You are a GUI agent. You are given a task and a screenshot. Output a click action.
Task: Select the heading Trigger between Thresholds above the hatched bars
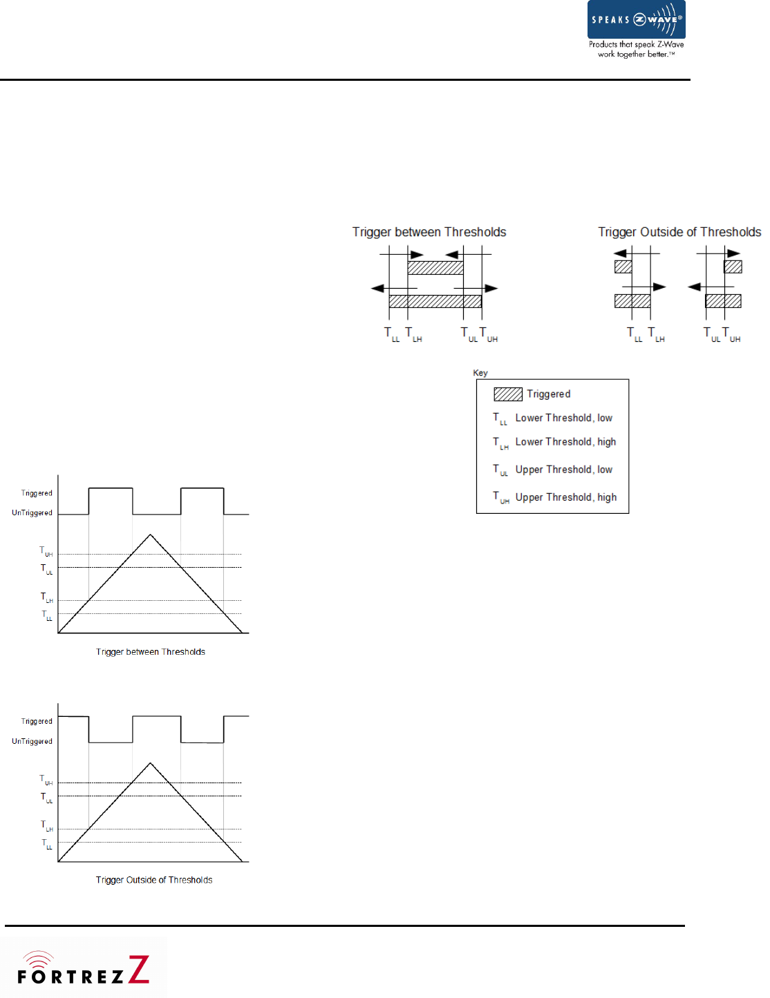click(429, 232)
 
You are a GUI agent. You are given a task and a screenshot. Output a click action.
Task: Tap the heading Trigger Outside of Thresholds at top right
click(679, 232)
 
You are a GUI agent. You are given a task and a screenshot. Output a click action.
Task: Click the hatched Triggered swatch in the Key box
click(507, 394)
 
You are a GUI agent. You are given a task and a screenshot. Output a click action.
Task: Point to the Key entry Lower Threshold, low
click(563, 418)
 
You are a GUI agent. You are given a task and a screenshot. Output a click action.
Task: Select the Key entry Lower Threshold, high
click(565, 442)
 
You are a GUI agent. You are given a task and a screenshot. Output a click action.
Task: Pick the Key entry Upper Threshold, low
click(563, 470)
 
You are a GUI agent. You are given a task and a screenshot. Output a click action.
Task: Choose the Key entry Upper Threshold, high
click(565, 497)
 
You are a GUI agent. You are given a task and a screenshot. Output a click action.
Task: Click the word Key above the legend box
click(480, 373)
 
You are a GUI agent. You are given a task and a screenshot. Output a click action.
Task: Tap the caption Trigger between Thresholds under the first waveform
click(151, 652)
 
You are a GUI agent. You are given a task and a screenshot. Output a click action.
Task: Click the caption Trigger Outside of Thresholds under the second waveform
click(154, 880)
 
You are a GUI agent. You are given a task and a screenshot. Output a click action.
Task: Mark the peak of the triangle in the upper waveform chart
click(150, 535)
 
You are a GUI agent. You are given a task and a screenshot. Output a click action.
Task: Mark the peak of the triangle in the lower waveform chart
click(150, 763)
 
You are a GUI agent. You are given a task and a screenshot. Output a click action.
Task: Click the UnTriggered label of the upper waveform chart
click(32, 513)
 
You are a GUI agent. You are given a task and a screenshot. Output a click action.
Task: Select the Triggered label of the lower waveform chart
click(37, 721)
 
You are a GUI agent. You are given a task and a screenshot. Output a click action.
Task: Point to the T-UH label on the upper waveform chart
click(46, 552)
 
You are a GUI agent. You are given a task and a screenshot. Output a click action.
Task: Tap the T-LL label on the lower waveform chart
click(46, 844)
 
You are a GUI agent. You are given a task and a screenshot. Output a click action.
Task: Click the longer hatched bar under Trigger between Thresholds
click(435, 301)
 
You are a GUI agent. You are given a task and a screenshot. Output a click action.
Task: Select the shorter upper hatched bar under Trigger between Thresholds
click(435, 268)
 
